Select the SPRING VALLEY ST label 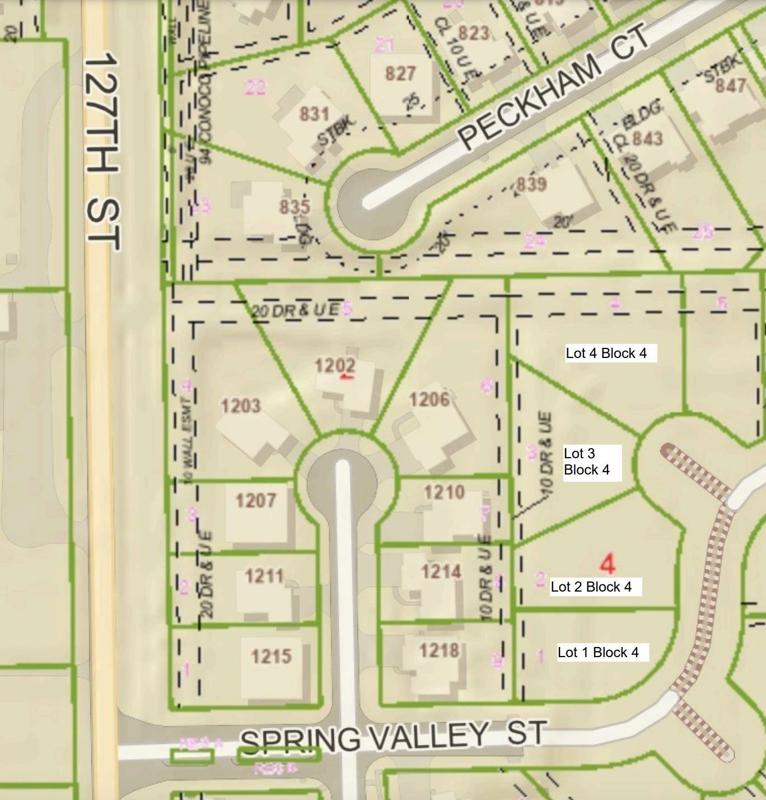click(x=392, y=737)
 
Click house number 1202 click(x=335, y=366)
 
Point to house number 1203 click(x=240, y=405)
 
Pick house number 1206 click(x=429, y=399)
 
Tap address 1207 click(x=255, y=500)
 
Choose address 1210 click(x=444, y=492)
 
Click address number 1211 click(x=264, y=576)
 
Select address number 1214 click(x=441, y=571)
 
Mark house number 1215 click(x=271, y=655)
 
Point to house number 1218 click(x=440, y=650)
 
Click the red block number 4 click(x=608, y=564)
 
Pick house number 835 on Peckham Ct click(x=295, y=206)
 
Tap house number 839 click(x=531, y=184)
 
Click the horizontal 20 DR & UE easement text click(x=295, y=310)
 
